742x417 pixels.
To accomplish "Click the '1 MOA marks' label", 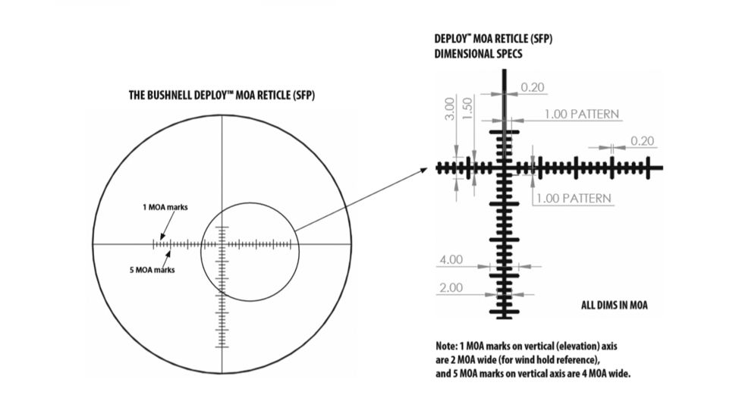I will tap(165, 206).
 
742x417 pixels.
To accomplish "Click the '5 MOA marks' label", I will tap(155, 269).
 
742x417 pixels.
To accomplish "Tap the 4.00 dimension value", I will tap(450, 259).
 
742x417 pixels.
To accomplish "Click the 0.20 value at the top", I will tap(533, 89).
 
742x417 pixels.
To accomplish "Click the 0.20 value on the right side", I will tap(641, 141).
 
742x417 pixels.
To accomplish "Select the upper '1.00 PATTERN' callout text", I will tap(581, 114).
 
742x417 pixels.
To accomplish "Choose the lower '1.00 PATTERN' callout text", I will tap(573, 199).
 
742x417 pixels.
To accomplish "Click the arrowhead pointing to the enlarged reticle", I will tap(426, 171).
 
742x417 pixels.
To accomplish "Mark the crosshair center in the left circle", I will tap(222, 244).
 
